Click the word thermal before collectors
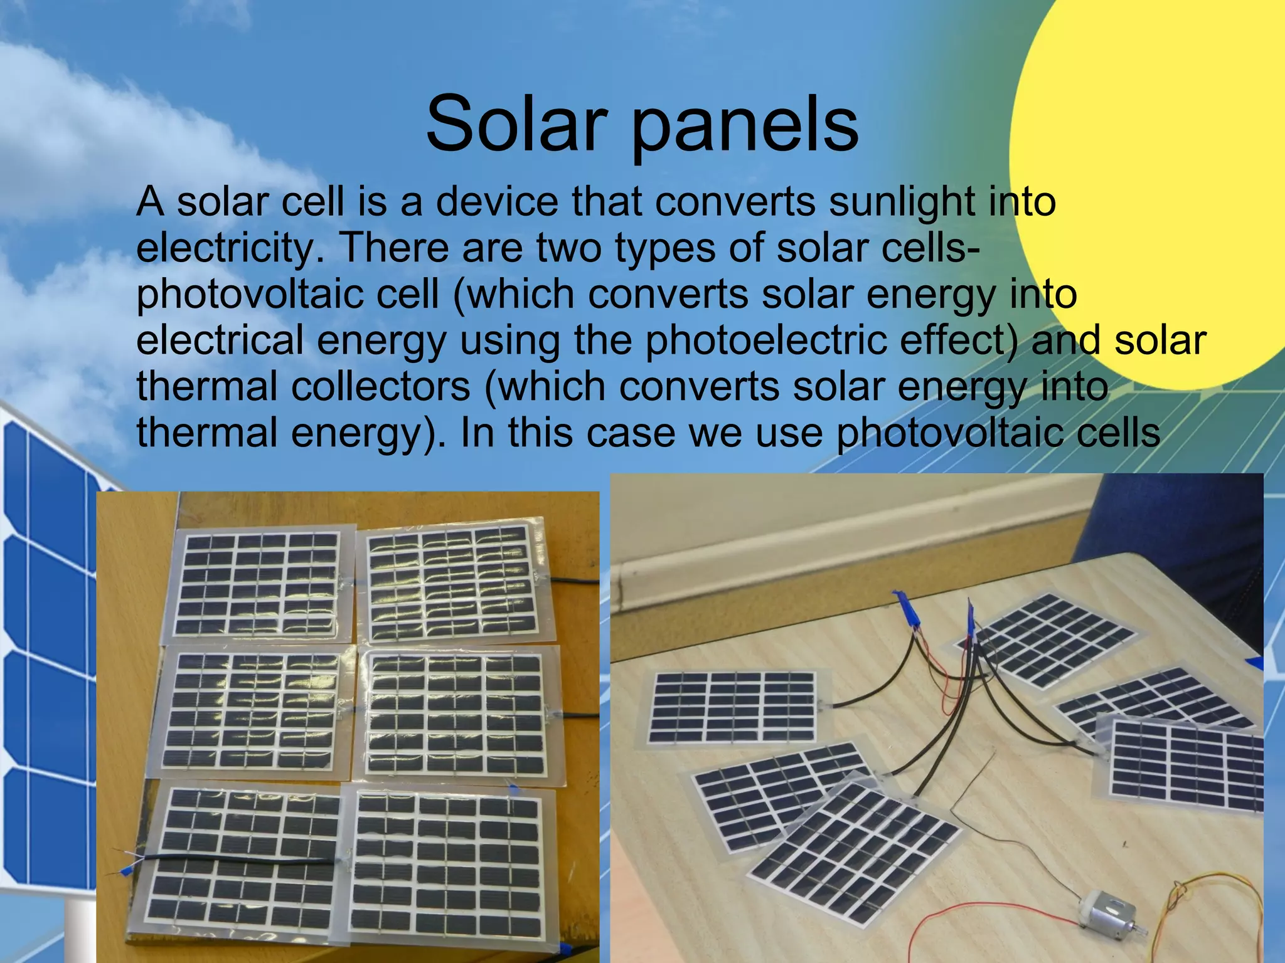click(207, 387)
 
